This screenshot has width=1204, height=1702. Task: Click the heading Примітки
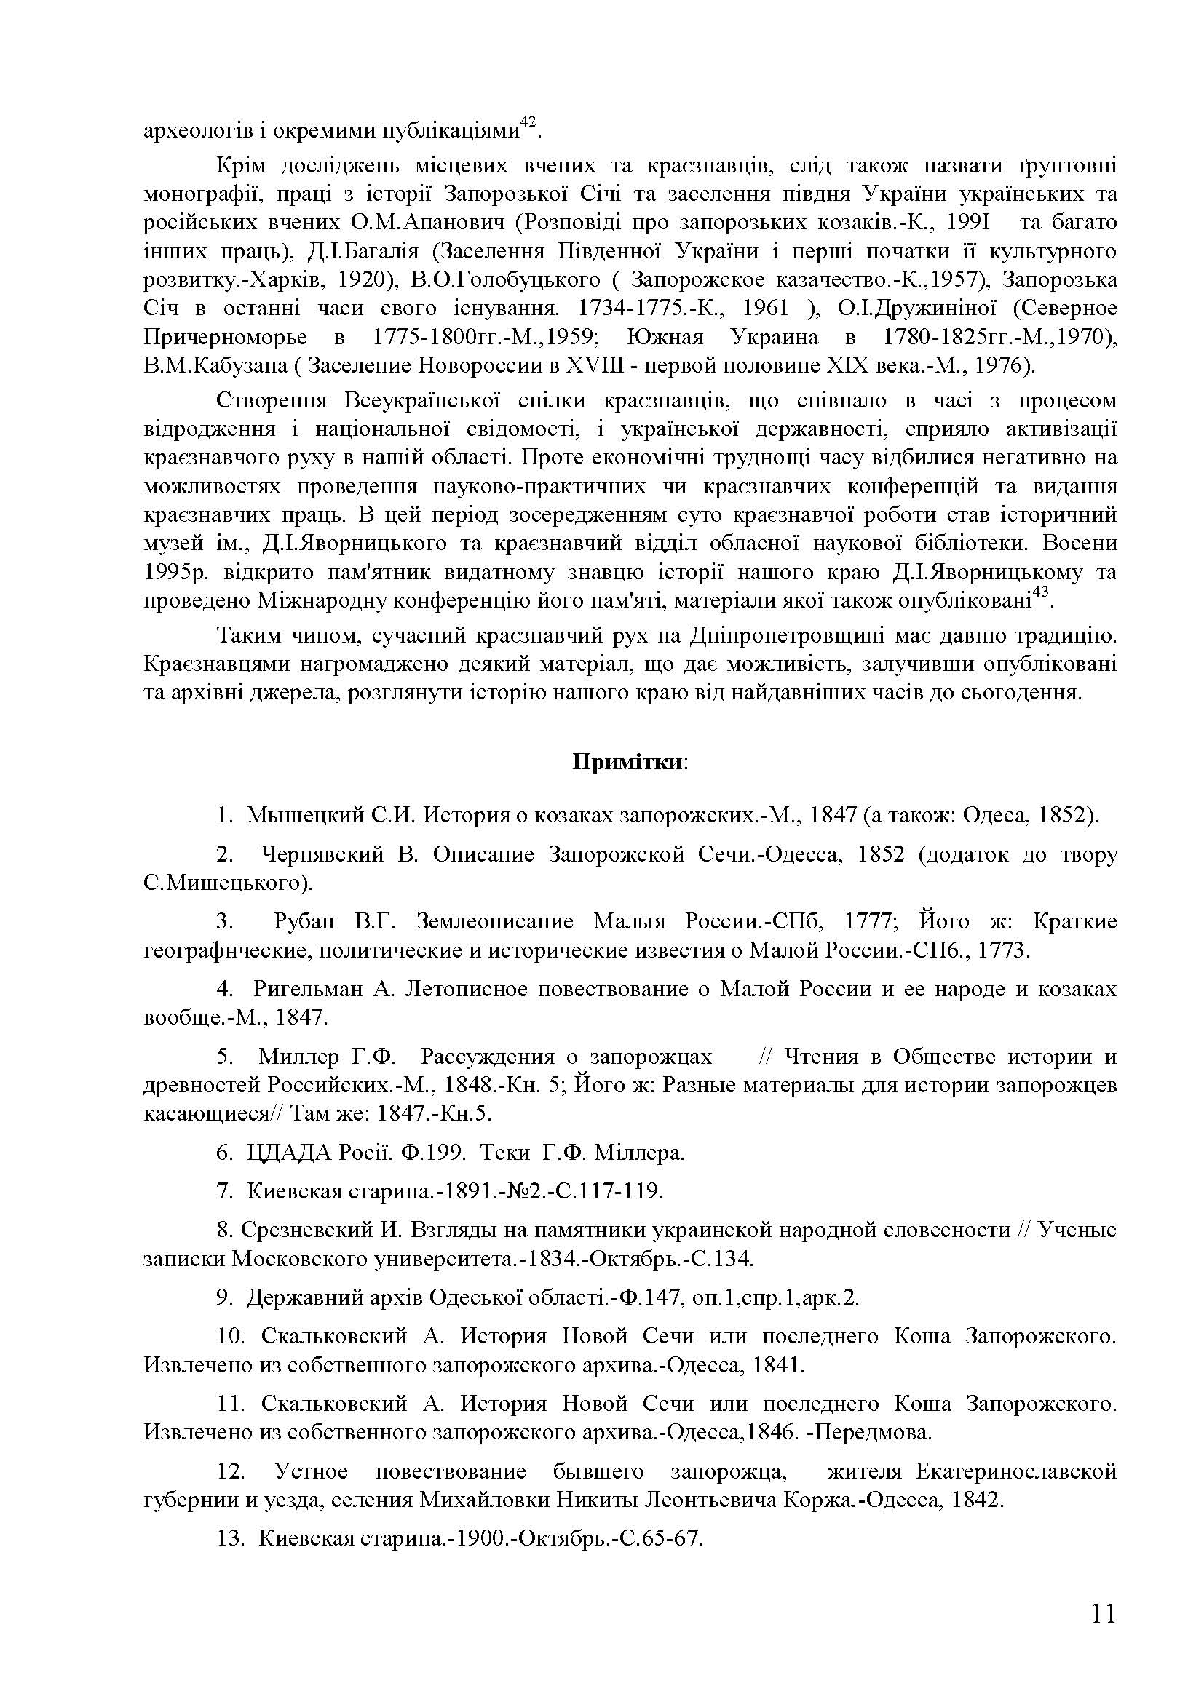[x=629, y=763]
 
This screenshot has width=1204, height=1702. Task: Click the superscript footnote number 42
[x=528, y=122]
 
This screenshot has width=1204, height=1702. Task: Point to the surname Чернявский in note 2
[x=322, y=854]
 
